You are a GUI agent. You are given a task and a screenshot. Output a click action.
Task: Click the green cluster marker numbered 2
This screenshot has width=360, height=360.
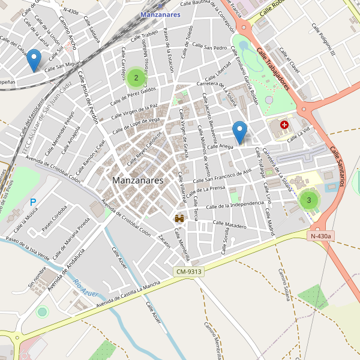coord(136,77)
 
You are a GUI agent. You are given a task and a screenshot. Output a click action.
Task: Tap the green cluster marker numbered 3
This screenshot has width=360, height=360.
coord(308,200)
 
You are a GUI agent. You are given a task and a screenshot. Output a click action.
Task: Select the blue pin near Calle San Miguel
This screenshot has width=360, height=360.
coord(34,61)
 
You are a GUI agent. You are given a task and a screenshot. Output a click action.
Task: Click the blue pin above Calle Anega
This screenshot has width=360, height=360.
coord(240,132)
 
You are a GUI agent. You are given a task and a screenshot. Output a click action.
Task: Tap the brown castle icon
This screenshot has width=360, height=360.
coord(179,219)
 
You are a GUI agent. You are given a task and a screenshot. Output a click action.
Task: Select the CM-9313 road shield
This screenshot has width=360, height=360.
coord(189,272)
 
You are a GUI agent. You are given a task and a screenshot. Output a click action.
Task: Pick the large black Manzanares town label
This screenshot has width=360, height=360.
coord(137,180)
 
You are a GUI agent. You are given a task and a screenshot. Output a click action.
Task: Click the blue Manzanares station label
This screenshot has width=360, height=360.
coord(160,14)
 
